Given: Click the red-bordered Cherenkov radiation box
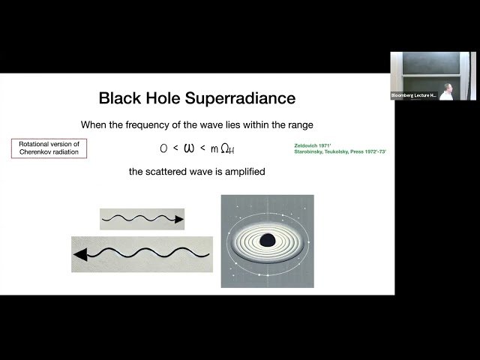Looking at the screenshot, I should pyautogui.click(x=49, y=148).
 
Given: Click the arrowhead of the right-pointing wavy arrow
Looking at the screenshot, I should pyautogui.click(x=178, y=220).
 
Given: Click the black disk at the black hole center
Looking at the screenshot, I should pyautogui.click(x=266, y=241).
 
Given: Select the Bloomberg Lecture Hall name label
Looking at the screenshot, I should pyautogui.click(x=414, y=95).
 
